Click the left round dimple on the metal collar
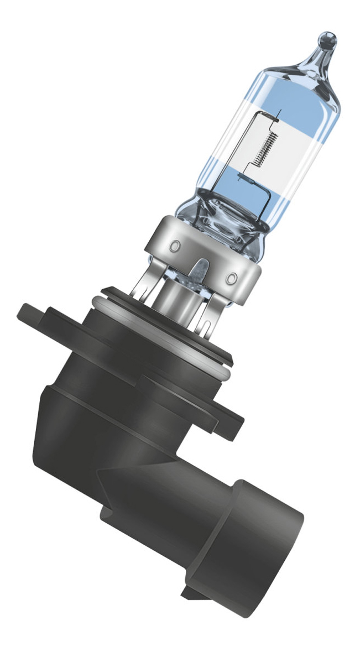click(176, 243)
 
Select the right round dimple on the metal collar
click(233, 275)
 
